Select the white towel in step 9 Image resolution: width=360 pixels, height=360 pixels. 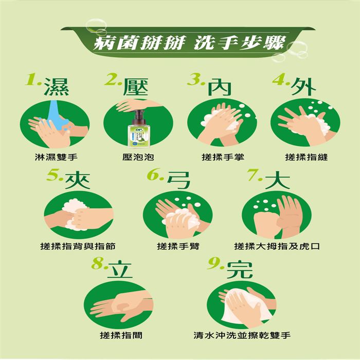click(x=246, y=306)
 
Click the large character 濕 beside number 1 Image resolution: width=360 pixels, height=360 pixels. click(x=57, y=87)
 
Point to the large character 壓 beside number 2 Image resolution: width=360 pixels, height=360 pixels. click(x=135, y=87)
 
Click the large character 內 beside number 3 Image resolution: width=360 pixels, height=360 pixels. click(x=219, y=87)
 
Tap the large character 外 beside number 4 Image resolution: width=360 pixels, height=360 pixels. click(x=303, y=87)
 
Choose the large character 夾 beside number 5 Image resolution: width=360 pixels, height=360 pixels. click(x=77, y=180)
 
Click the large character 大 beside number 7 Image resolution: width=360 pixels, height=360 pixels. click(x=277, y=180)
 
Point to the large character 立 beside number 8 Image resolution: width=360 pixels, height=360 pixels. click(x=120, y=270)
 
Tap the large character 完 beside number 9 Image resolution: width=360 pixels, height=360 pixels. click(x=240, y=270)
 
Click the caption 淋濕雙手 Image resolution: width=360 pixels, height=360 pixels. click(x=56, y=157)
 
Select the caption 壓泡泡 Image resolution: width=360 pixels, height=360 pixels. click(x=138, y=157)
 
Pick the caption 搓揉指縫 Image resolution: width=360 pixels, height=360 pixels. click(x=307, y=157)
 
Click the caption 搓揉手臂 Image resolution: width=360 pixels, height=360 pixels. click(x=178, y=246)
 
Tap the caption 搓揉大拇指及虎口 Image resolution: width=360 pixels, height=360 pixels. click(x=277, y=246)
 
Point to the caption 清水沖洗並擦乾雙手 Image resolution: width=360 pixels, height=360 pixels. click(x=242, y=335)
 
